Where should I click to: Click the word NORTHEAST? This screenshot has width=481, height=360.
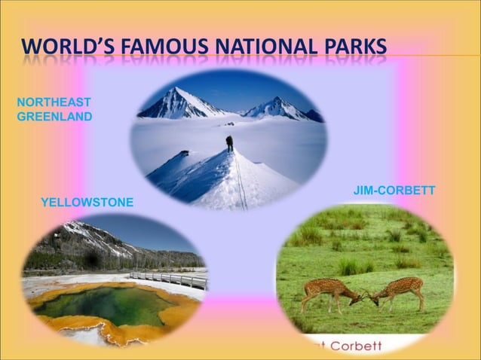click(54, 102)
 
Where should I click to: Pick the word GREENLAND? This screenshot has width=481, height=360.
click(54, 116)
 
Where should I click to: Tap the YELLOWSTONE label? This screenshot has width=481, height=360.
click(87, 202)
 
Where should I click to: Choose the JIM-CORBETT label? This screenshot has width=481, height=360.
click(394, 191)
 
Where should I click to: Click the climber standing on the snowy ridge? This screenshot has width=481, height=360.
click(229, 143)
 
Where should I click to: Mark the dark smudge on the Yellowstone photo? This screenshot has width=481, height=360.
click(93, 261)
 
